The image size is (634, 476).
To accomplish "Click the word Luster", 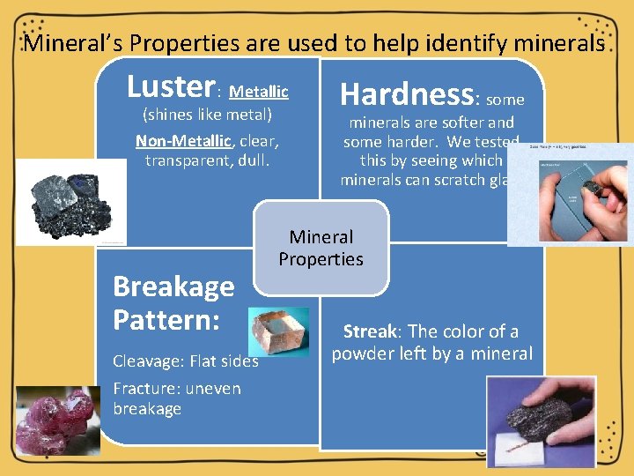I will tap(170, 87).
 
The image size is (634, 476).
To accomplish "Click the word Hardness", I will tap(407, 93).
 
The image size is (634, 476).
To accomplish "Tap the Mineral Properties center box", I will tap(321, 248).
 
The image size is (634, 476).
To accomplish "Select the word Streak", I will tap(370, 332).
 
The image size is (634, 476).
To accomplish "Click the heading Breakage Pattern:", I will tap(173, 302).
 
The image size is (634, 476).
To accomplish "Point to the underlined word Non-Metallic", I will tap(183, 142).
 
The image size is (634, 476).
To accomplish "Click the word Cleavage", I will tap(147, 361).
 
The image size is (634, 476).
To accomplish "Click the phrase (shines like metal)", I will tap(208, 115).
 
